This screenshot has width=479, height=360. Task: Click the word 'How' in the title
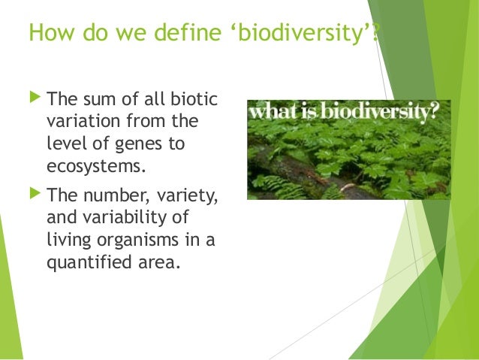coord(52,32)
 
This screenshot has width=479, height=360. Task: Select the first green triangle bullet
coord(35,97)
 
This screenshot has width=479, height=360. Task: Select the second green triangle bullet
coord(35,193)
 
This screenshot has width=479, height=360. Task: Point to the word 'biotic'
coord(194,98)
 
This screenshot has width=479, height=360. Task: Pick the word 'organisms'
coord(138,240)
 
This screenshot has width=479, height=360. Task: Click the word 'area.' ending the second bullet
coord(159,263)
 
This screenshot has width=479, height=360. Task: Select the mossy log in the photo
coord(309,175)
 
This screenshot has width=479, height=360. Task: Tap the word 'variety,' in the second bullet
coord(187,195)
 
